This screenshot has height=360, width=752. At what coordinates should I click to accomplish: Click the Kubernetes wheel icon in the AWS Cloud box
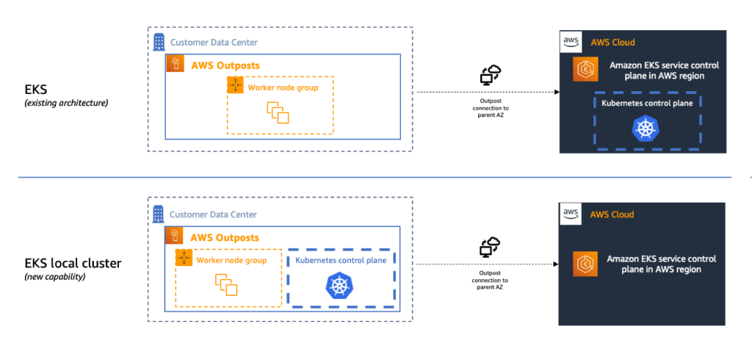(x=646, y=129)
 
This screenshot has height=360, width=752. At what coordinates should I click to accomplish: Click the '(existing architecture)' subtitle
(x=66, y=103)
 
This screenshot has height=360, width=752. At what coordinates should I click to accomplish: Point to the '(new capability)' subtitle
(x=56, y=277)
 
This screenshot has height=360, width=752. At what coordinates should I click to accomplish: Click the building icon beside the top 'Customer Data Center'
(x=159, y=42)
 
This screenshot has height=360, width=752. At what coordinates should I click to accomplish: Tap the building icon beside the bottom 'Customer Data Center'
(x=159, y=214)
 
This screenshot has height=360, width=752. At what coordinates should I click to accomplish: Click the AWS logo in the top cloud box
(x=571, y=42)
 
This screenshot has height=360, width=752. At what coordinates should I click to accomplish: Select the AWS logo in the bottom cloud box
(x=571, y=214)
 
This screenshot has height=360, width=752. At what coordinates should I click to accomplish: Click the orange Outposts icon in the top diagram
(x=176, y=65)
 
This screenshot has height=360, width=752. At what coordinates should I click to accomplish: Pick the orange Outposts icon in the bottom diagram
(x=176, y=237)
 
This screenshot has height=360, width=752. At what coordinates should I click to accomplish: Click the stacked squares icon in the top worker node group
(x=278, y=113)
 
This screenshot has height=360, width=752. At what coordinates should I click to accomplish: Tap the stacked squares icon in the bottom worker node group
(x=226, y=285)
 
